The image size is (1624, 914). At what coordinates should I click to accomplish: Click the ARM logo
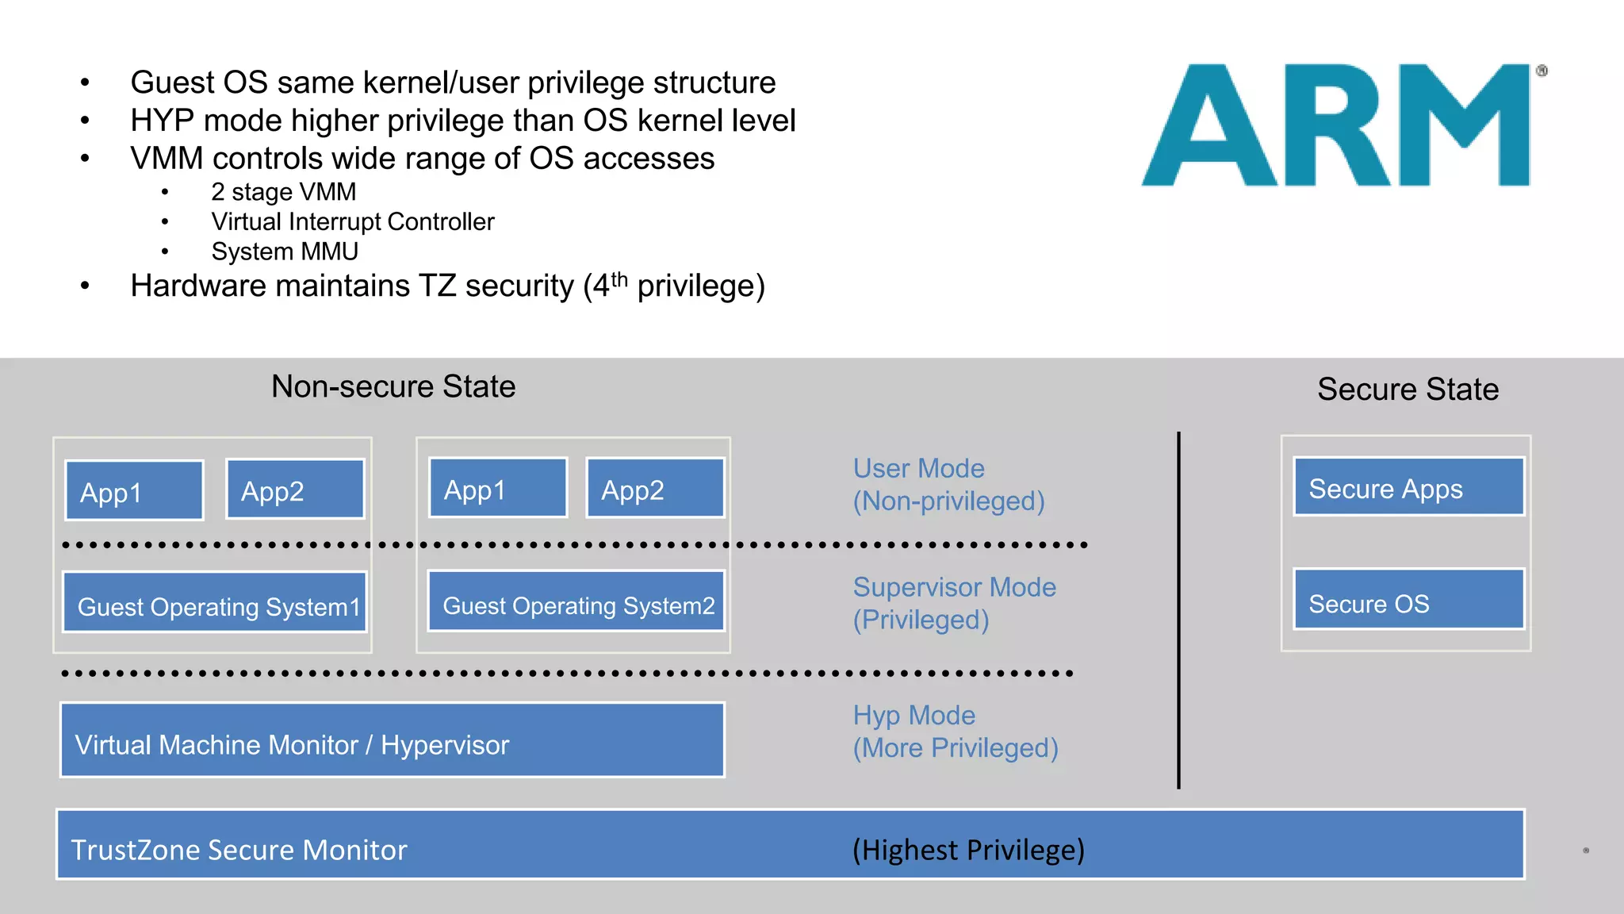[x=1340, y=125]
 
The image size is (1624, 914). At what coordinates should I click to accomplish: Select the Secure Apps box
[x=1408, y=487]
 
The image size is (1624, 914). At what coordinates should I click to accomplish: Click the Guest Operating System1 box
[x=214, y=603]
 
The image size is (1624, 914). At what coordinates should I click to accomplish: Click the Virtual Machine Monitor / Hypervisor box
[x=392, y=741]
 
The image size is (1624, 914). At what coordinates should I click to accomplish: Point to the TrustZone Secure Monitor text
[x=239, y=850]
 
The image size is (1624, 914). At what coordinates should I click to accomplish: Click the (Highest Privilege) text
[x=968, y=850]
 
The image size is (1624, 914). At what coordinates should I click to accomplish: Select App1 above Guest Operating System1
[x=134, y=491]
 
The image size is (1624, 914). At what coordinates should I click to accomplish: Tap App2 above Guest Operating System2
[x=655, y=489]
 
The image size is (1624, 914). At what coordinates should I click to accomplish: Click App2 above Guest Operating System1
[x=295, y=490]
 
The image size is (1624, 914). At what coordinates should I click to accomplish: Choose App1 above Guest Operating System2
[x=498, y=489]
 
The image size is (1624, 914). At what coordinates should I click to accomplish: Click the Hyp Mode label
[x=914, y=716]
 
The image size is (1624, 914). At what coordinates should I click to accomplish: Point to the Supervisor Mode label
[x=955, y=587]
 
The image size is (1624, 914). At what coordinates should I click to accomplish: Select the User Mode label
[x=919, y=468]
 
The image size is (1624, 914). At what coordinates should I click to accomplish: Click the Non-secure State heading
[x=393, y=386]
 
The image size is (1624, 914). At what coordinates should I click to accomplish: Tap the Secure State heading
[x=1408, y=389]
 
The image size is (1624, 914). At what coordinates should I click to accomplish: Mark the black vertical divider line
[x=1179, y=611]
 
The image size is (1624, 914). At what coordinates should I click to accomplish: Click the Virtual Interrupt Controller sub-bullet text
[x=353, y=221]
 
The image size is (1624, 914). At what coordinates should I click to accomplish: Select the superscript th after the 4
[x=619, y=278]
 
